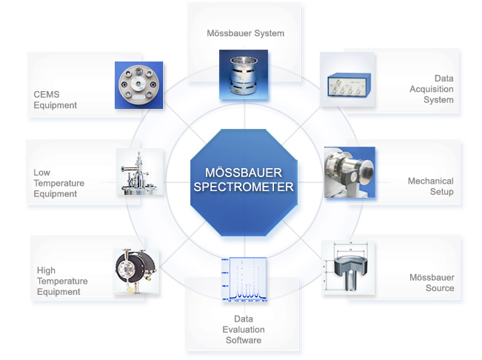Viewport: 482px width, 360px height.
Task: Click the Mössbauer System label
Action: [x=244, y=33]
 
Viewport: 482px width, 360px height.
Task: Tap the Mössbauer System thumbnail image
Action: [x=244, y=74]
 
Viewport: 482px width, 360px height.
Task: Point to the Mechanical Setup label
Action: [x=430, y=186]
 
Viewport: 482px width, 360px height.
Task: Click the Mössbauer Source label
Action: [x=432, y=282]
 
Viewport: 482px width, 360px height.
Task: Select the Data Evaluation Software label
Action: [x=244, y=330]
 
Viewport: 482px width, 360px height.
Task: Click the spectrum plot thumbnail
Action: [x=244, y=280]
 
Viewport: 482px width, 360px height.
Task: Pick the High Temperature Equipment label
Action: [x=62, y=281]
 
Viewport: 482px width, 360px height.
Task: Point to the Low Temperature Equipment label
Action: [x=59, y=183]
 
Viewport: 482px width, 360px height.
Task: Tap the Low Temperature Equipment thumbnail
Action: [x=140, y=172]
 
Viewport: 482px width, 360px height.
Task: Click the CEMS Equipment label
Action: [x=56, y=100]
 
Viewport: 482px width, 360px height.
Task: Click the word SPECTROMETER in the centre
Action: [x=244, y=187]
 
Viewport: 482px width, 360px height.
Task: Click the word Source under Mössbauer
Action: [x=440, y=288]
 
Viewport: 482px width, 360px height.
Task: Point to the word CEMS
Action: [x=47, y=95]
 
